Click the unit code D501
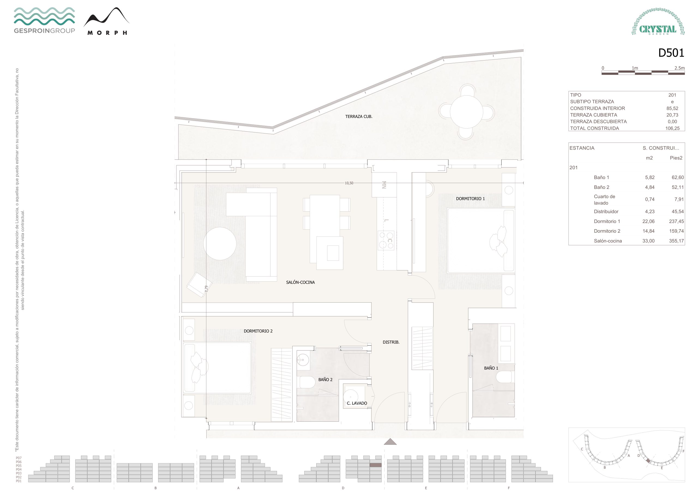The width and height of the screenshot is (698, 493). tap(671, 53)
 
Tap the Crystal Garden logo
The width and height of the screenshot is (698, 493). tap(658, 22)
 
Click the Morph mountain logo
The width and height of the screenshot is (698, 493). tap(106, 21)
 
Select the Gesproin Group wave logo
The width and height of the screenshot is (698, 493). tap(44, 20)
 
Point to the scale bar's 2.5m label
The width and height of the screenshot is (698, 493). tap(679, 68)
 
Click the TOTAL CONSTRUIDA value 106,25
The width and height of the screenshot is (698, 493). tap(672, 128)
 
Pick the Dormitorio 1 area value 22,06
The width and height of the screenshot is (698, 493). tap(648, 221)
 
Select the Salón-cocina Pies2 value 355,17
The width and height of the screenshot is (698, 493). tap(676, 241)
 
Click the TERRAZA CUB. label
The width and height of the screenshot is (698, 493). tap(359, 116)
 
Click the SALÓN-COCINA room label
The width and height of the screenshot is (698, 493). tap(300, 282)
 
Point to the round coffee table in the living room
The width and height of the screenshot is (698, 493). tap(220, 244)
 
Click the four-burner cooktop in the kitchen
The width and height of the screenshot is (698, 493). tap(386, 240)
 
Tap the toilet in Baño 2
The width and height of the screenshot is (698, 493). tap(307, 382)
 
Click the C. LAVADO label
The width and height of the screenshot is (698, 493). tap(357, 403)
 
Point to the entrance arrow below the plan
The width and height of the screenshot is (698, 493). tap(390, 442)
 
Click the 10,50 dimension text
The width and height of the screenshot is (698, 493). tap(349, 183)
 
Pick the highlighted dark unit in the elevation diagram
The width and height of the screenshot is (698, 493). tap(375, 465)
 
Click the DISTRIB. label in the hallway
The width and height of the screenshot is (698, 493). tap(391, 342)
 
